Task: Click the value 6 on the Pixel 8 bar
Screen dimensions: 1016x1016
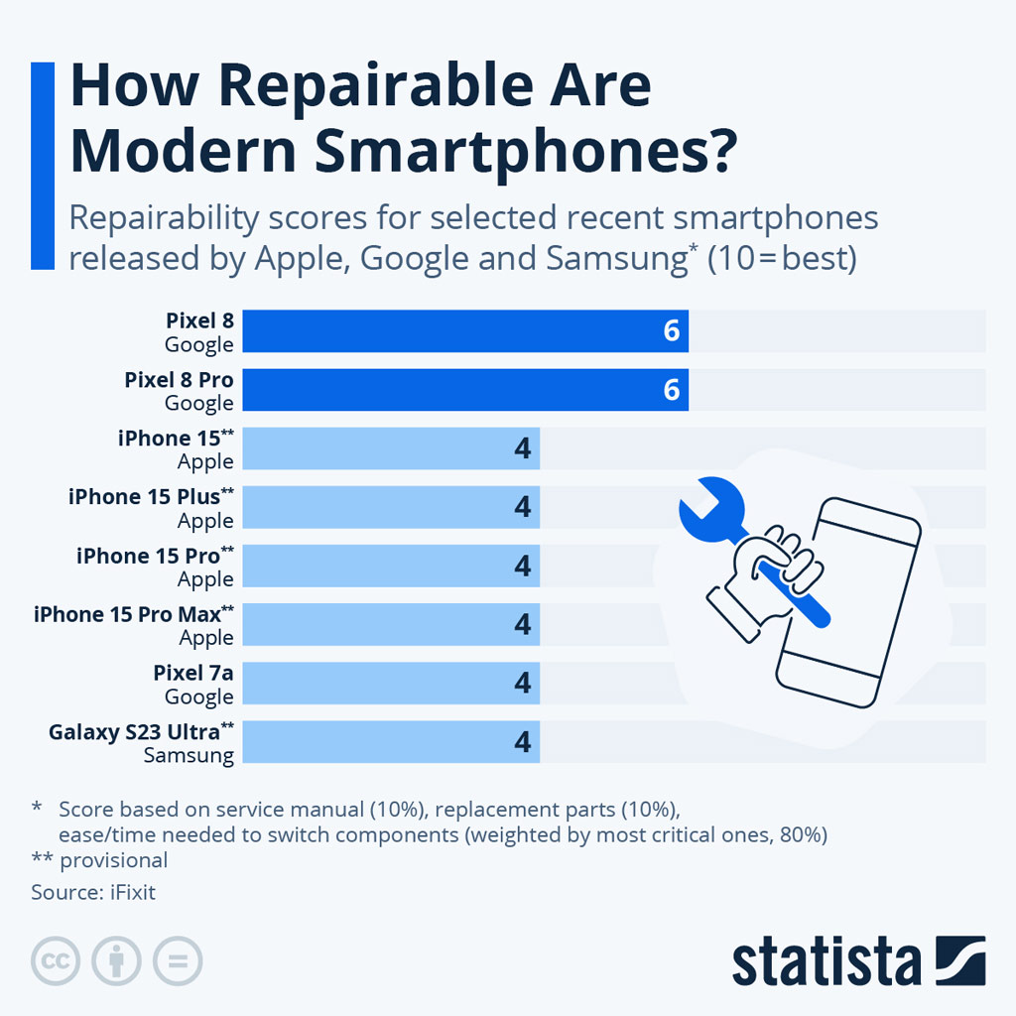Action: pyautogui.click(x=672, y=331)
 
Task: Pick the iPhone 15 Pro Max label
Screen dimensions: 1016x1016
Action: pyautogui.click(x=134, y=615)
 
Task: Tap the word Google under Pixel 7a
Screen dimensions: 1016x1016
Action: pyautogui.click(x=198, y=698)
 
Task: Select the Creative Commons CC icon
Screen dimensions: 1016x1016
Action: pyautogui.click(x=57, y=960)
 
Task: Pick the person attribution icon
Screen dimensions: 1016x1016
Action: pyautogui.click(x=116, y=960)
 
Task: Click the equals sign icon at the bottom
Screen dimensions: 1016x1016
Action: pyautogui.click(x=177, y=960)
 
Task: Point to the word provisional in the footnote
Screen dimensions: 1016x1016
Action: pyautogui.click(x=114, y=860)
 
